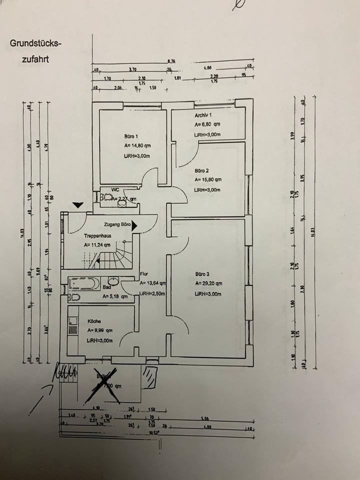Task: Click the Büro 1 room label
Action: pos(131,136)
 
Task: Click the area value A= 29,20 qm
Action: pos(208,283)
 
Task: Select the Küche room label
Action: pos(94,322)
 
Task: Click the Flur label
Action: pos(144,274)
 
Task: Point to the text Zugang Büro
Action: pos(117,225)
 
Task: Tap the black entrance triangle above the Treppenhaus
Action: pos(77,204)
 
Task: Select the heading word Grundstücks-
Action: pos(35,43)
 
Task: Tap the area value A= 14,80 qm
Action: pos(138,146)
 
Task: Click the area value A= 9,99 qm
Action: pos(100,330)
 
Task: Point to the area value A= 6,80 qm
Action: pos(207,125)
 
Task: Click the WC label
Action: pos(114,190)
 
